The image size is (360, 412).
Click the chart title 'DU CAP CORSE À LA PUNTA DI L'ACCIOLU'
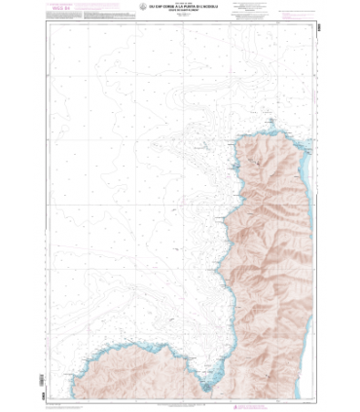click(181, 13)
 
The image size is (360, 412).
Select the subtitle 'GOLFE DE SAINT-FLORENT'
click(181, 18)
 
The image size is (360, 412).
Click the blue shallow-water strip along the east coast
click(313, 175)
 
